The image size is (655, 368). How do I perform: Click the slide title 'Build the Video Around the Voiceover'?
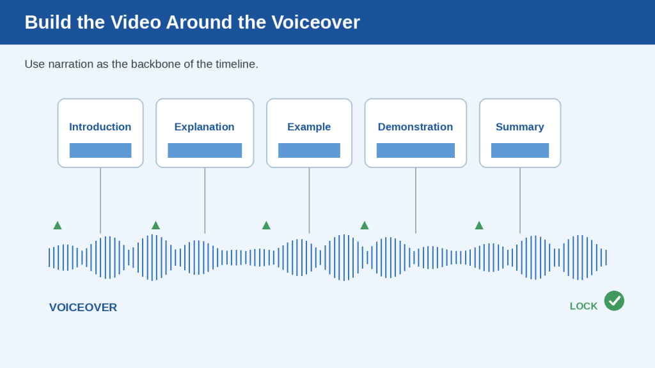pos(192,22)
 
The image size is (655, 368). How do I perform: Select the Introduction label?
pos(100,127)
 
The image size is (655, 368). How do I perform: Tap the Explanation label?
pos(204,127)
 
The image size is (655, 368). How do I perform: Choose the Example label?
pos(309,127)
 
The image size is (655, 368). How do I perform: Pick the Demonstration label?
pos(415,127)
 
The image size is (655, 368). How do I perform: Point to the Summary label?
pos(519,127)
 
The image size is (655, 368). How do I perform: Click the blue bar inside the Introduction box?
pos(100,150)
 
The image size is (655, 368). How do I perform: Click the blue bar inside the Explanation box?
pos(205,150)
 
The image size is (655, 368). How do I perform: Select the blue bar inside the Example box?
pos(309,150)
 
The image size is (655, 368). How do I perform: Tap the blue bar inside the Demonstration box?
pos(416,150)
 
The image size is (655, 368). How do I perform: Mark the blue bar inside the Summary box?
pos(520,150)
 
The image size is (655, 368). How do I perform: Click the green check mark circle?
pos(614,301)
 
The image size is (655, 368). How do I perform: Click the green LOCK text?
pos(583,306)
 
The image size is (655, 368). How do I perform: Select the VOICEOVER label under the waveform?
pos(83,307)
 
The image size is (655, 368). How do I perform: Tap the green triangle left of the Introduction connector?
pos(58,226)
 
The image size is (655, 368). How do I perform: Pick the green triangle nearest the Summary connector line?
pos(479,226)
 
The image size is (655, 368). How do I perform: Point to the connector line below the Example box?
pos(309,200)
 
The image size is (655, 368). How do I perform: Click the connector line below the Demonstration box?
pos(416,200)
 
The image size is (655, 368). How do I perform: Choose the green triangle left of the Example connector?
pos(266,226)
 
